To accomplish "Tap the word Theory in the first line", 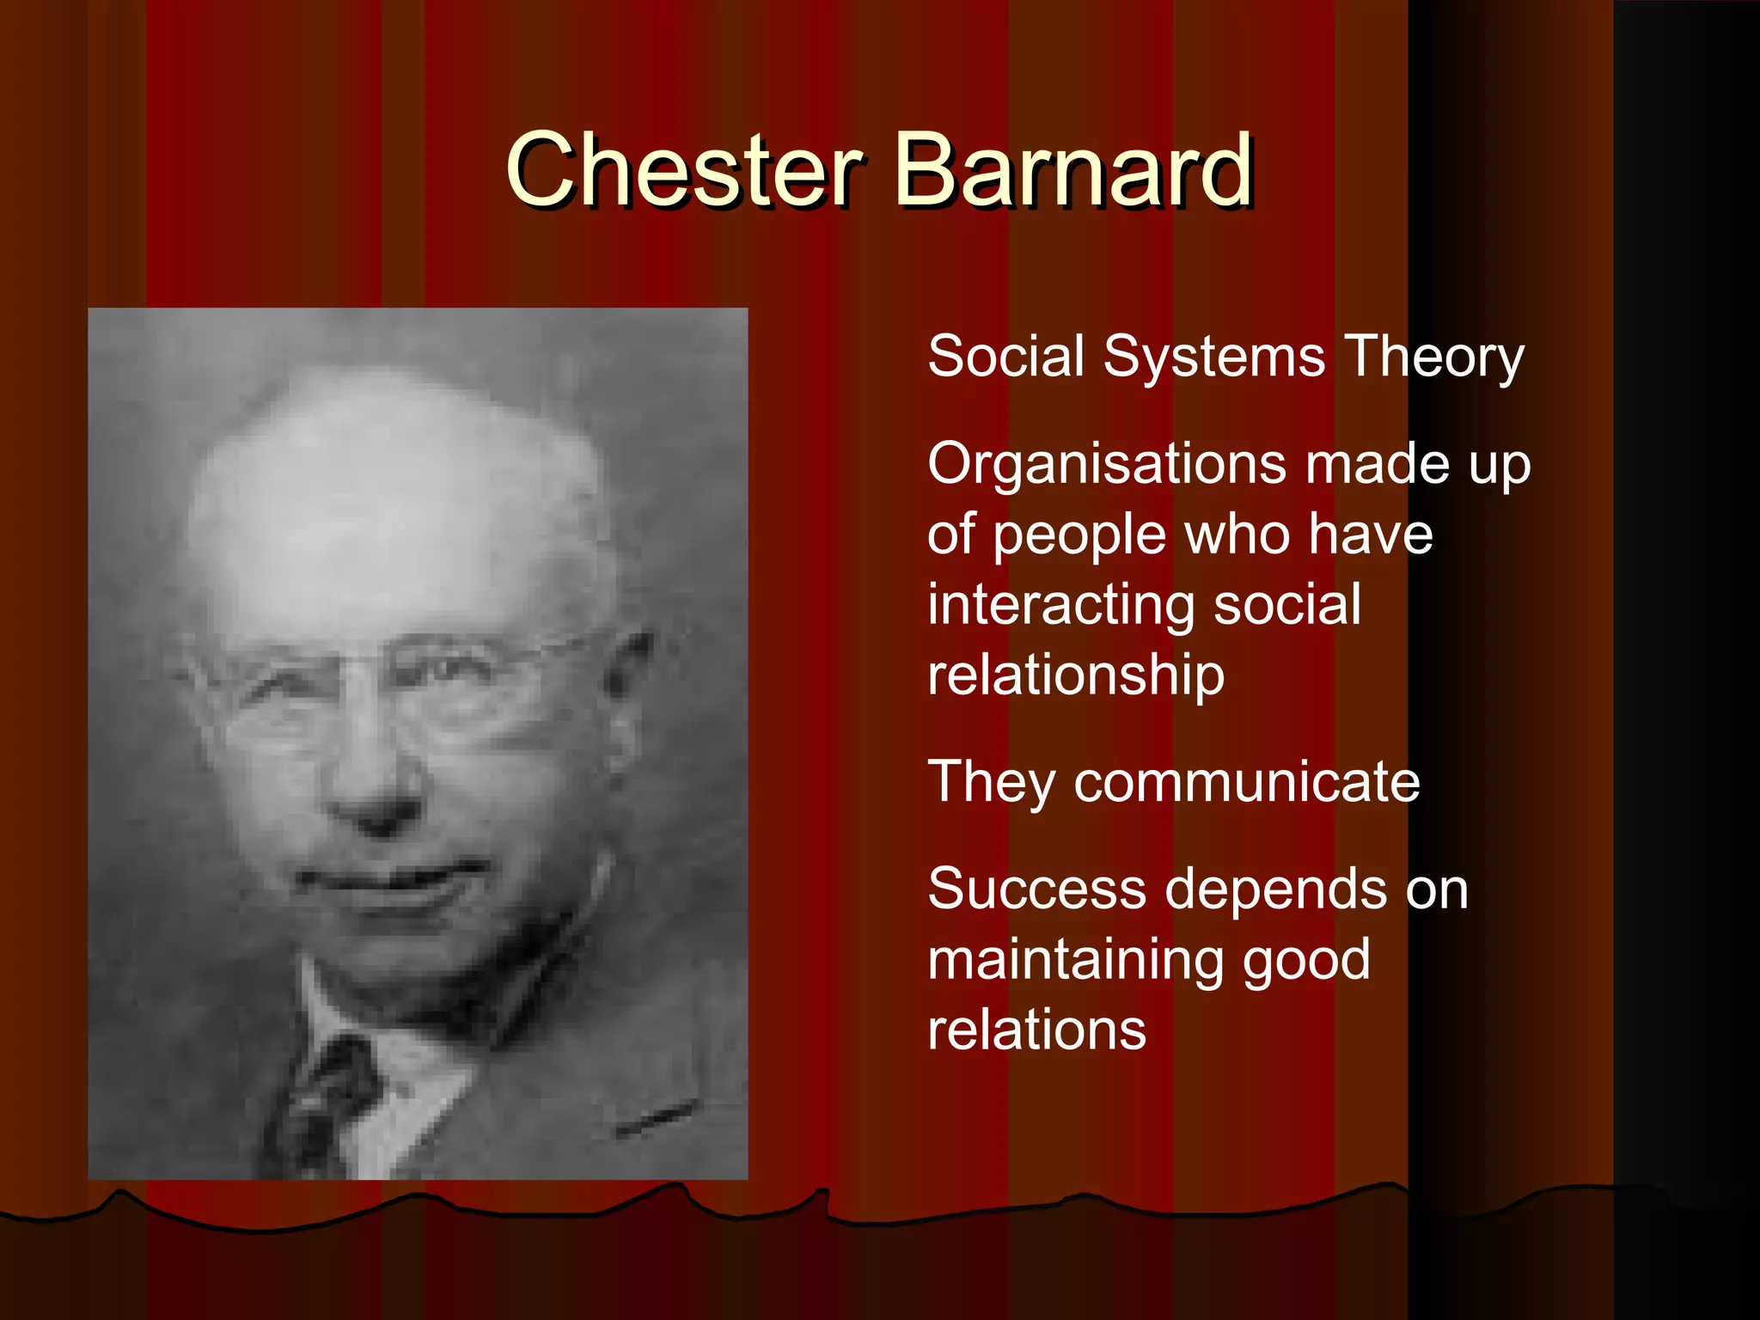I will click(1434, 356).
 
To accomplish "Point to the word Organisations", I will click(1108, 465).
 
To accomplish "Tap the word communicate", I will click(1246, 782).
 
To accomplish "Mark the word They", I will click(992, 782).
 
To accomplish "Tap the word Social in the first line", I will click(1006, 356).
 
